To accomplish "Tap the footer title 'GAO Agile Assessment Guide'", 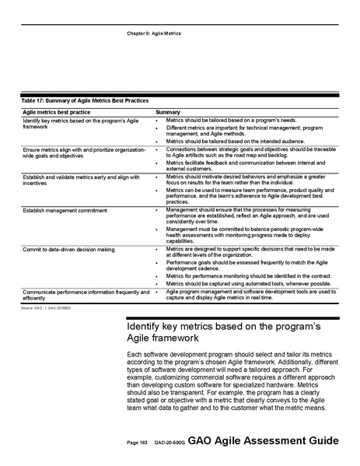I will [x=263, y=440].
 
